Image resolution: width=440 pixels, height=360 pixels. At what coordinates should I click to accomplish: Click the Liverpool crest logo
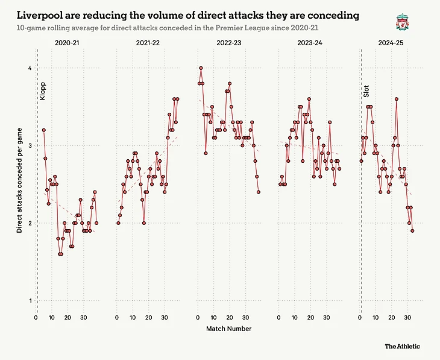tap(401, 22)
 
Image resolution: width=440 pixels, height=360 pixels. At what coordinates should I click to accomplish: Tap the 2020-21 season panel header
tap(67, 43)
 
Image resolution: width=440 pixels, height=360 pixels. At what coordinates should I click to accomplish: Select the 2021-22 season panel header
tap(148, 43)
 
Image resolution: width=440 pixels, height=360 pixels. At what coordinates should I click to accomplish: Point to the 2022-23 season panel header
tap(228, 43)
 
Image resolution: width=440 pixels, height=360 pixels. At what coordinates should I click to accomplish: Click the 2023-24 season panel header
tap(309, 43)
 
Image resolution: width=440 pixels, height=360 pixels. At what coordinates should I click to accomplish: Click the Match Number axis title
tap(228, 329)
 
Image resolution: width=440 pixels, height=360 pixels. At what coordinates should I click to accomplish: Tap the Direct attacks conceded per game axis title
tap(19, 183)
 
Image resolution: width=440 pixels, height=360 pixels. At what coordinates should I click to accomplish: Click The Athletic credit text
tap(403, 346)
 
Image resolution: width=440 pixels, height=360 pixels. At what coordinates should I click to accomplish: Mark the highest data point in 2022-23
tap(201, 68)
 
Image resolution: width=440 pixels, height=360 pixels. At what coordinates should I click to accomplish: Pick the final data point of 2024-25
tap(413, 230)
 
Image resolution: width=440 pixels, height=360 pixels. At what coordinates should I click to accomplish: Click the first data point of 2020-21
tap(43, 130)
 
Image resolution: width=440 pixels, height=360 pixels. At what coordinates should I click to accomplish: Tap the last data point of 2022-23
tap(259, 192)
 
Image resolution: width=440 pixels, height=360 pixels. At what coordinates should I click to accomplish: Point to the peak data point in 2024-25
tap(397, 99)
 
